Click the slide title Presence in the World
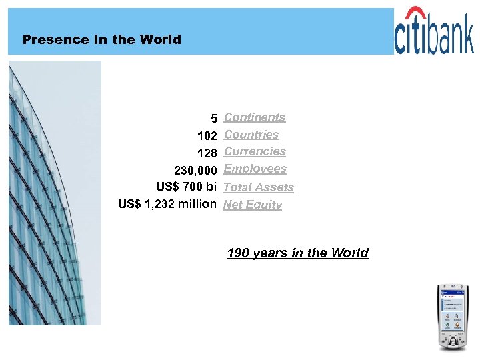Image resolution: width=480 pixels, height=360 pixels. click(x=101, y=39)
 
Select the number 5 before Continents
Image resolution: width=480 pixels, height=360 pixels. click(x=214, y=119)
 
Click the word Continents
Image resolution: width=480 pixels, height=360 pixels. click(x=255, y=117)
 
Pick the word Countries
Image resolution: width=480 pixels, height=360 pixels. click(x=251, y=135)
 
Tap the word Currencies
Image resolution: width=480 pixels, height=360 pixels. click(x=255, y=151)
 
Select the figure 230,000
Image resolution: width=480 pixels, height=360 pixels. click(x=195, y=171)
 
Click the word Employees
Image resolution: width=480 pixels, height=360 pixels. click(x=255, y=169)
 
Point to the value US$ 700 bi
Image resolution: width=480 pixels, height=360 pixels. click(x=186, y=187)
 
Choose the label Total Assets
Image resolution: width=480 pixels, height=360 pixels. click(x=258, y=187)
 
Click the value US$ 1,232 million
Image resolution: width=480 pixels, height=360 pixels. click(x=167, y=204)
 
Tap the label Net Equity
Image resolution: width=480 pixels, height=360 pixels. click(x=253, y=205)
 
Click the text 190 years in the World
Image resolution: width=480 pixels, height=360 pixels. click(x=297, y=253)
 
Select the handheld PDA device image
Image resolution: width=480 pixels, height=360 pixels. click(x=452, y=317)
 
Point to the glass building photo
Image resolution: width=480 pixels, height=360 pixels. click(x=55, y=193)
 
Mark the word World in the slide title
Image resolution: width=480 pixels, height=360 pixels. click(x=160, y=39)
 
